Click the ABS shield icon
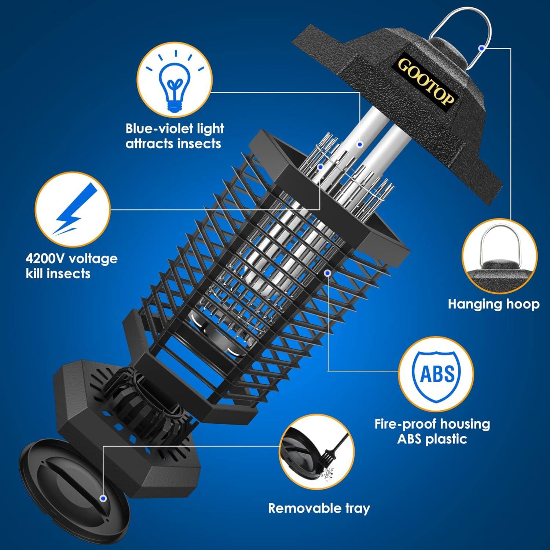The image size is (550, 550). pyautogui.click(x=436, y=374)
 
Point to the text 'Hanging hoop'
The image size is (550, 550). pyautogui.click(x=494, y=304)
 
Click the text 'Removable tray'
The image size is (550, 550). pyautogui.click(x=319, y=508)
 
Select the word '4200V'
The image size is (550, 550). pyautogui.click(x=45, y=258)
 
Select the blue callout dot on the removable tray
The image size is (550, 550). pyautogui.click(x=103, y=498)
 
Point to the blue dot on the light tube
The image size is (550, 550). pyautogui.click(x=360, y=144)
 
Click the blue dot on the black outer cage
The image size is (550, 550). pyautogui.click(x=328, y=273)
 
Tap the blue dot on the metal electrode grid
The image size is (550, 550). pyautogui.click(x=320, y=167)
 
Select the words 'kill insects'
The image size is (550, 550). pyautogui.click(x=58, y=274)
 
